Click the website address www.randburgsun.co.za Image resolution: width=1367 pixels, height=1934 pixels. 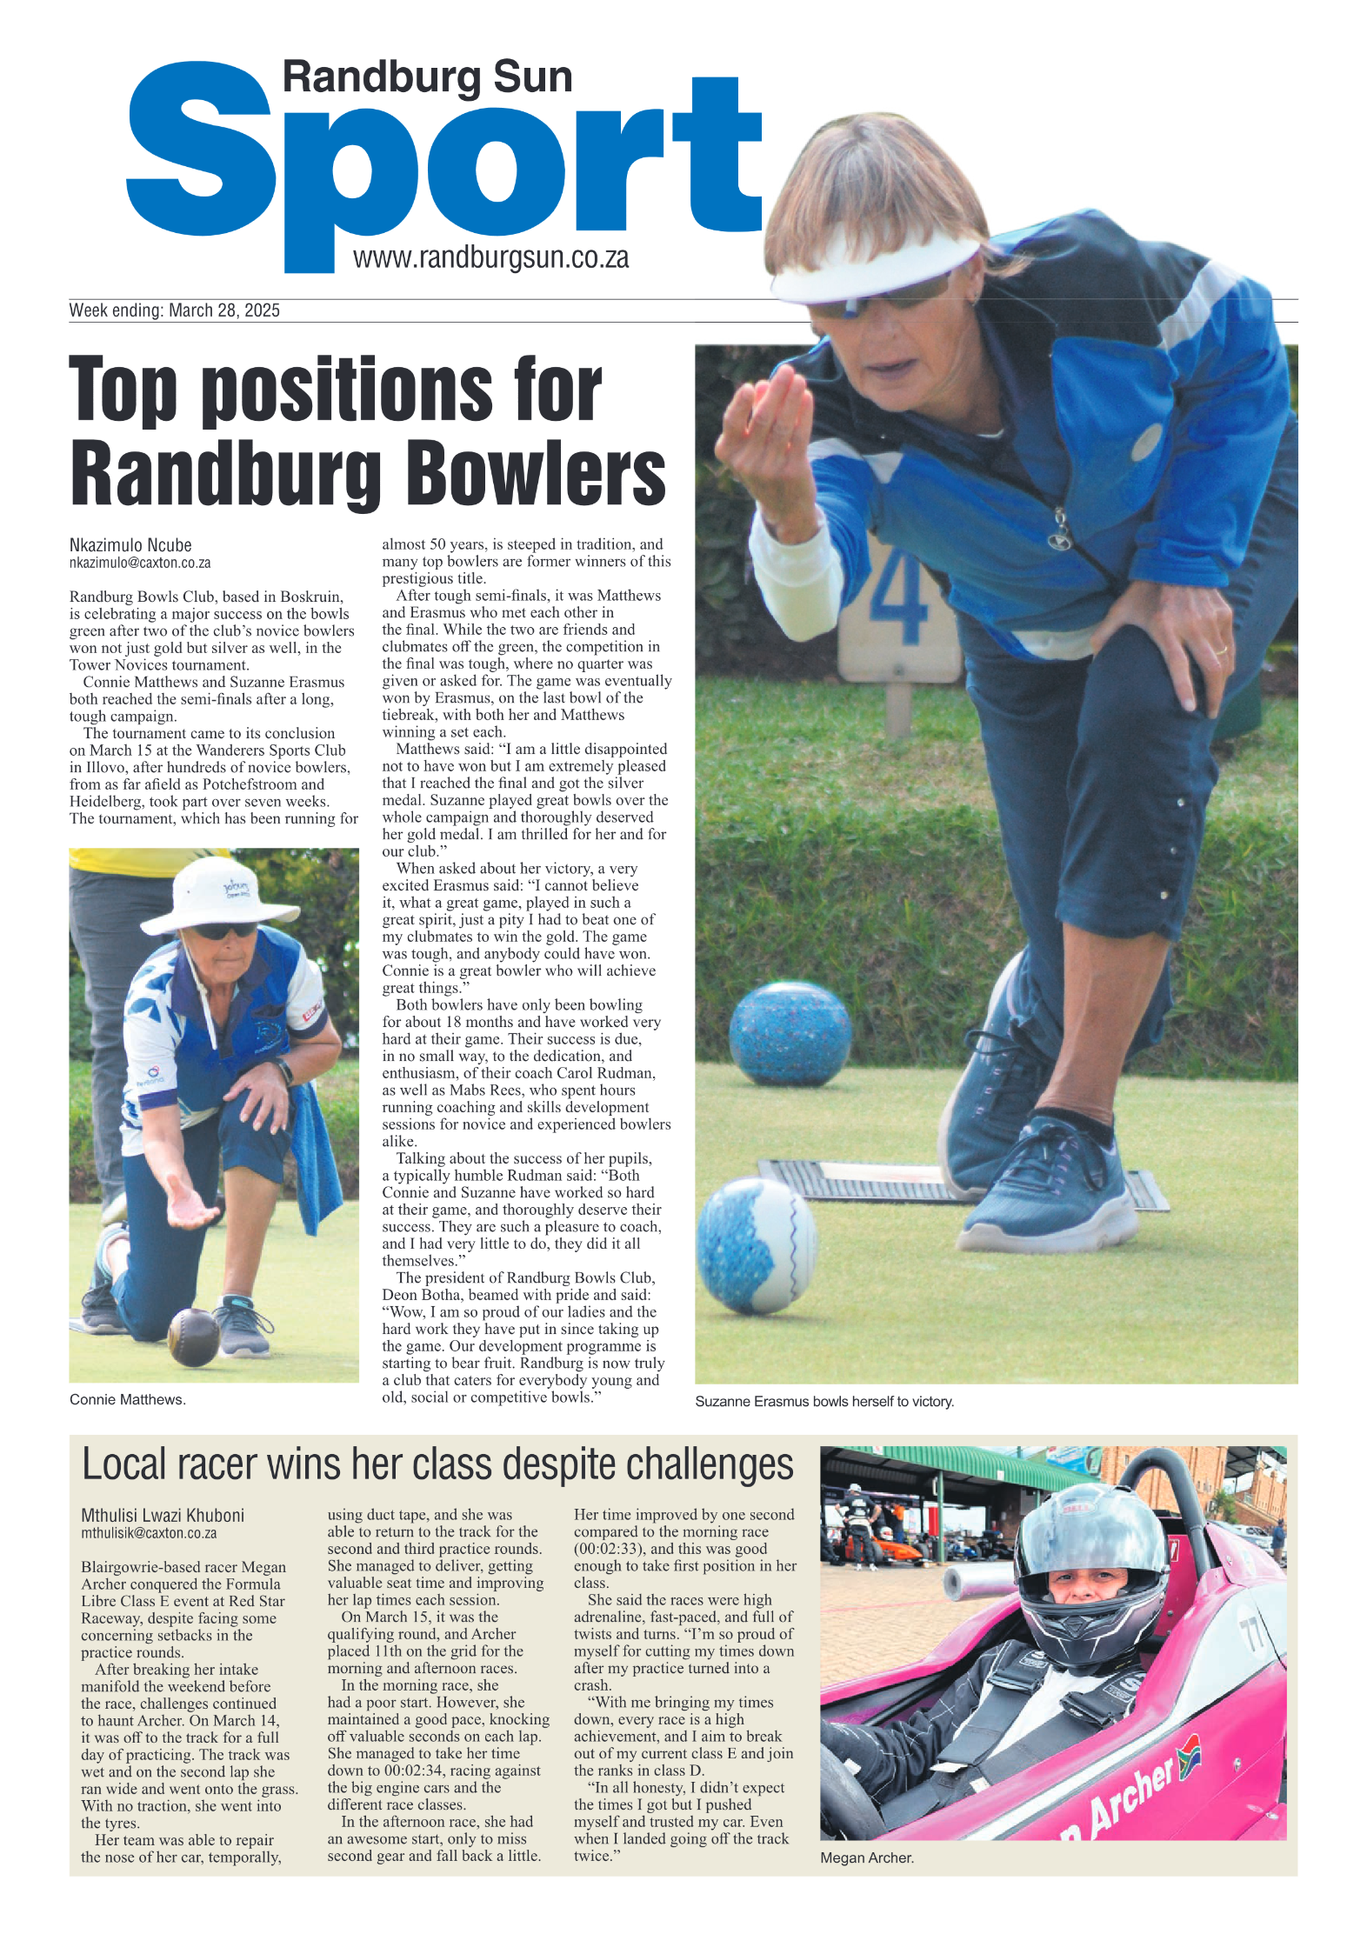(490, 258)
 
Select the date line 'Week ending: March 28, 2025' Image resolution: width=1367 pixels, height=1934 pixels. (174, 310)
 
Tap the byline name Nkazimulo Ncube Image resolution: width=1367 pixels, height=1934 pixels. (130, 545)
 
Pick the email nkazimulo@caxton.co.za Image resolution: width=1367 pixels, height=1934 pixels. (140, 563)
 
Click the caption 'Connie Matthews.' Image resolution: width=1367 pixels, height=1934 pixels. (128, 1399)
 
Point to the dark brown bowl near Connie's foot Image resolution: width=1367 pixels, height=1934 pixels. (193, 1337)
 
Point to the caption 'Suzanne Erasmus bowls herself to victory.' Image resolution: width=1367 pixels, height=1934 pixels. (824, 1402)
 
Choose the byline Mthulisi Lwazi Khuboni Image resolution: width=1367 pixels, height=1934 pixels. (163, 1515)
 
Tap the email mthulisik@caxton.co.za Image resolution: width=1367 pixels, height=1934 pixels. (149, 1533)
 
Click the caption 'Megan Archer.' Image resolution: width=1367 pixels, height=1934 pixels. (866, 1857)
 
